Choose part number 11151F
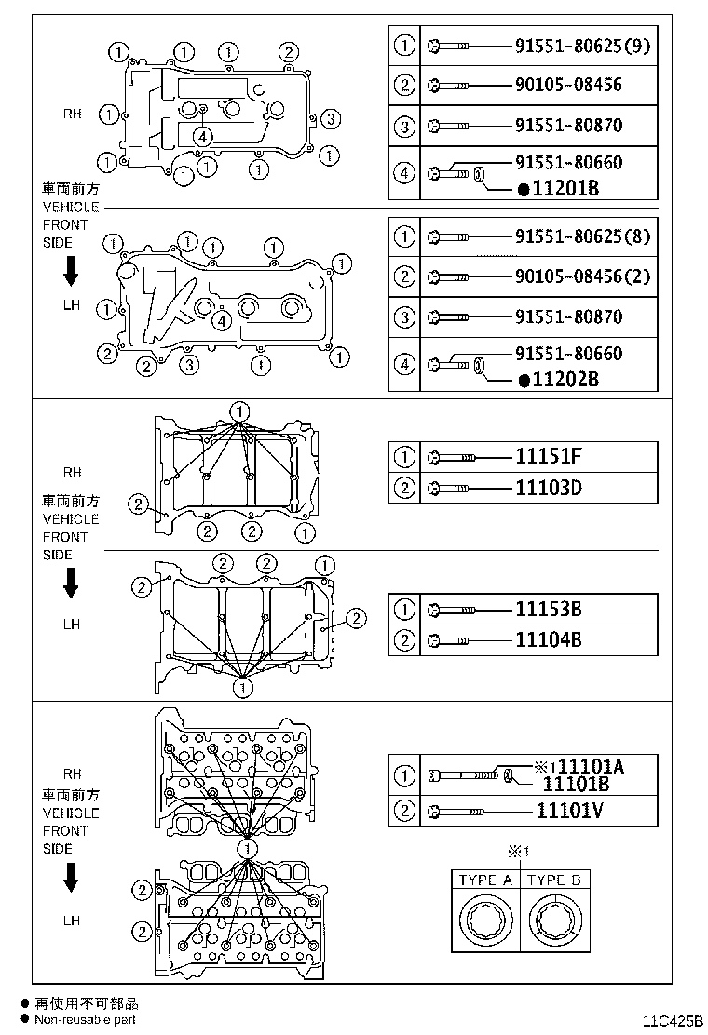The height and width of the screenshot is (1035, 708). click(550, 456)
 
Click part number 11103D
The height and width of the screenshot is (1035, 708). click(550, 487)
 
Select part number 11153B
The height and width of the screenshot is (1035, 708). click(549, 609)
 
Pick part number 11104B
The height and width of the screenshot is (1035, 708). click(549, 639)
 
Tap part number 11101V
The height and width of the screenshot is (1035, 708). click(569, 810)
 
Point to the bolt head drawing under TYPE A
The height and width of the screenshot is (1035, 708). click(486, 920)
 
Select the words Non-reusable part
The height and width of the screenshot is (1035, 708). click(86, 1019)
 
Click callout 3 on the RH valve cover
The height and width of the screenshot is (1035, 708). click(333, 118)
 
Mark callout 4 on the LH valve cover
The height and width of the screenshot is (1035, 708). click(221, 321)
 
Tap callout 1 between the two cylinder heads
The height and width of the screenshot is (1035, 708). click(247, 849)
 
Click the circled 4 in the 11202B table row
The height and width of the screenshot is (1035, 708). click(404, 365)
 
